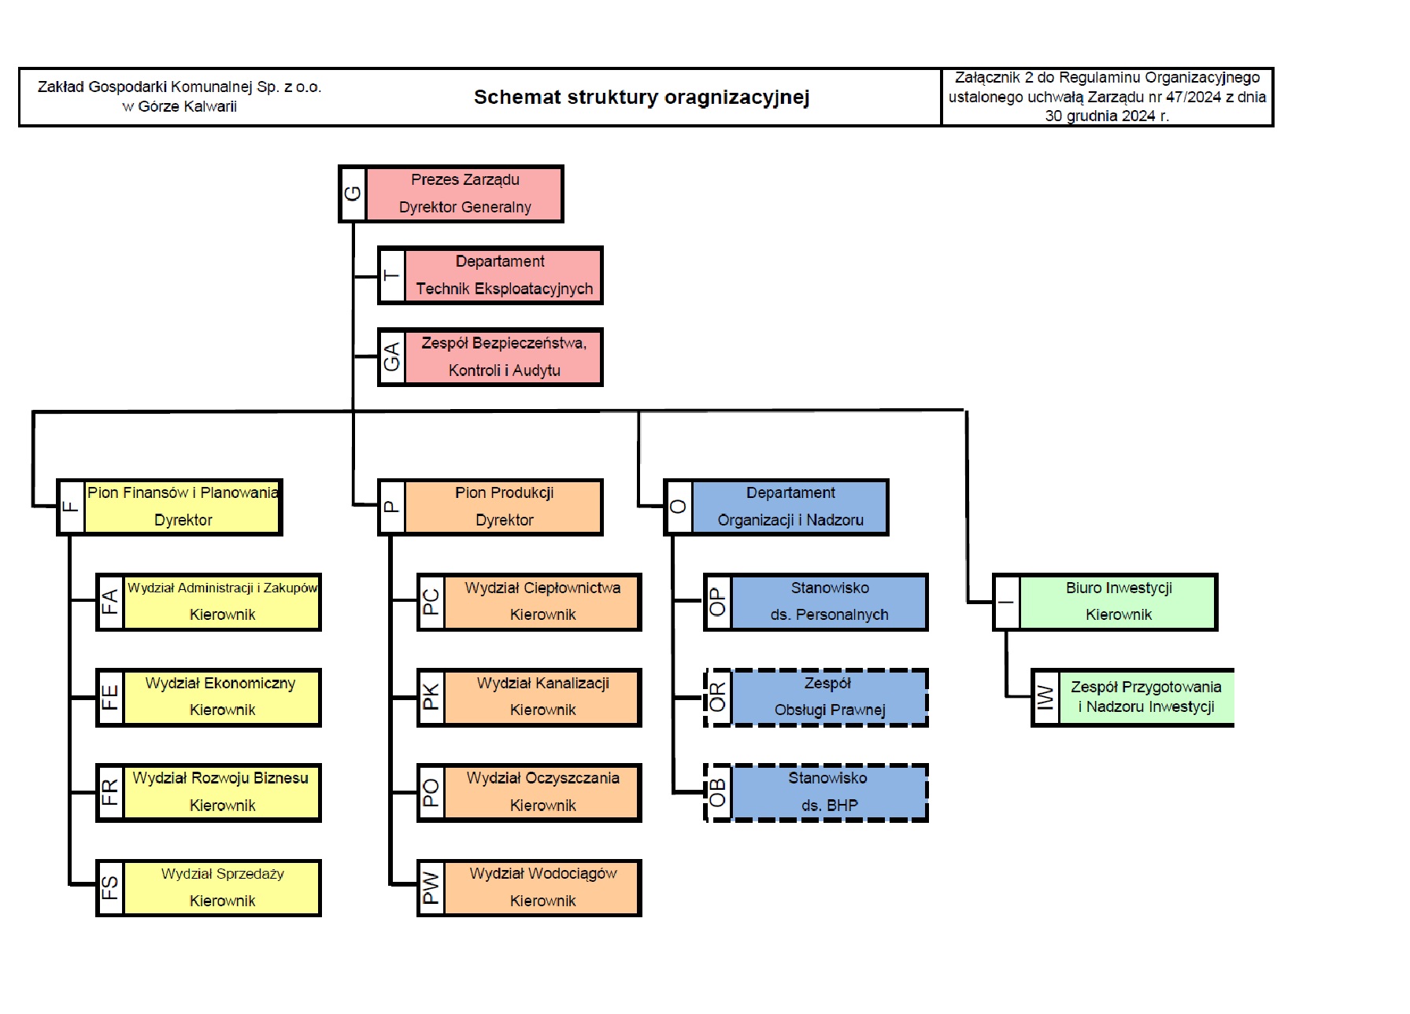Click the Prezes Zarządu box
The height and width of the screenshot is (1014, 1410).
(x=451, y=194)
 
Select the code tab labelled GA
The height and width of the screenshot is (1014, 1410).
(x=392, y=357)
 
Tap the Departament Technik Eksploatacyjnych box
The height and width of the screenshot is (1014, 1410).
(x=490, y=275)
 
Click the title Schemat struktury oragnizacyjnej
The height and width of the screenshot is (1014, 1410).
(x=642, y=97)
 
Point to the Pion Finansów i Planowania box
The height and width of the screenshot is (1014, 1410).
(x=169, y=507)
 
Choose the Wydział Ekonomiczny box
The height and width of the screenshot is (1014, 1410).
(x=209, y=698)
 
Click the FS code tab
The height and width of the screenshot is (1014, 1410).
(x=110, y=888)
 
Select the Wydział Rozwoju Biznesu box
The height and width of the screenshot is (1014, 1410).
(x=209, y=793)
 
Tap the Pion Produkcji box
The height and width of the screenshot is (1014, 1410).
(x=490, y=507)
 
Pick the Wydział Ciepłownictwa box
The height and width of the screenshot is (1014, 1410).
(x=530, y=603)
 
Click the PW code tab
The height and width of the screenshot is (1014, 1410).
(x=431, y=888)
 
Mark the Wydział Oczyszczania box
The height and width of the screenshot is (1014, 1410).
(x=530, y=793)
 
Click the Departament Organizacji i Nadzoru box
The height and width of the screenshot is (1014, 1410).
(x=776, y=507)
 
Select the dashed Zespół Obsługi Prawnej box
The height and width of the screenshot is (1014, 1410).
(x=816, y=698)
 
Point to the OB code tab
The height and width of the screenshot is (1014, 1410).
(x=718, y=793)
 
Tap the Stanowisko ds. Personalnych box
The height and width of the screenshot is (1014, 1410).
(x=816, y=603)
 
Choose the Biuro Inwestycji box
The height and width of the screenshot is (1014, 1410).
(x=1105, y=603)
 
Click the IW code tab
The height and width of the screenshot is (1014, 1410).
(x=1045, y=698)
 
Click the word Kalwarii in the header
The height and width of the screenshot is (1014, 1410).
(x=210, y=106)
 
